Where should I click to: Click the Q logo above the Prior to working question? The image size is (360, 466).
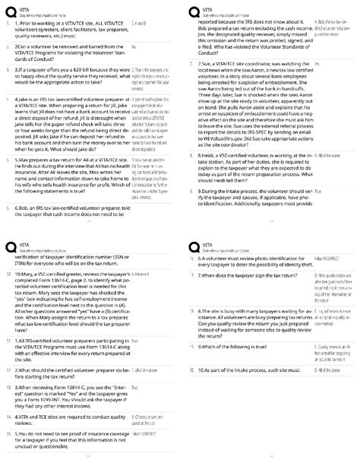(x=10, y=11)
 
